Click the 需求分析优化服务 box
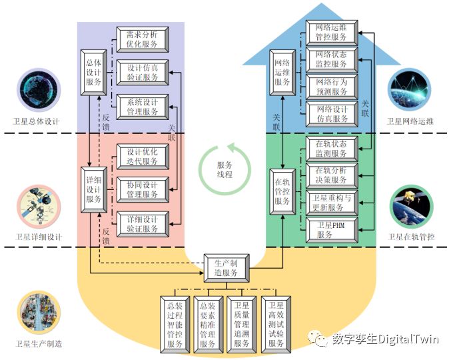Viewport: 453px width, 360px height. (x=143, y=39)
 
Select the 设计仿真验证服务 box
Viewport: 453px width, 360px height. (x=143, y=72)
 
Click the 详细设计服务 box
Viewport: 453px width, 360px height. (x=93, y=189)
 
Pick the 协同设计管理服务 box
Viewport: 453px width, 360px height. (x=143, y=189)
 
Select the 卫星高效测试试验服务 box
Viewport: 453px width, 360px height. (x=276, y=324)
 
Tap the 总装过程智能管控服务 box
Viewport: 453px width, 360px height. (x=175, y=324)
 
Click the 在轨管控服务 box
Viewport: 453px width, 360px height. (x=282, y=191)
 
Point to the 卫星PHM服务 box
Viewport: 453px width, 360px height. (x=332, y=229)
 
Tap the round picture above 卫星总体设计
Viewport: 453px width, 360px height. (x=38, y=89)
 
